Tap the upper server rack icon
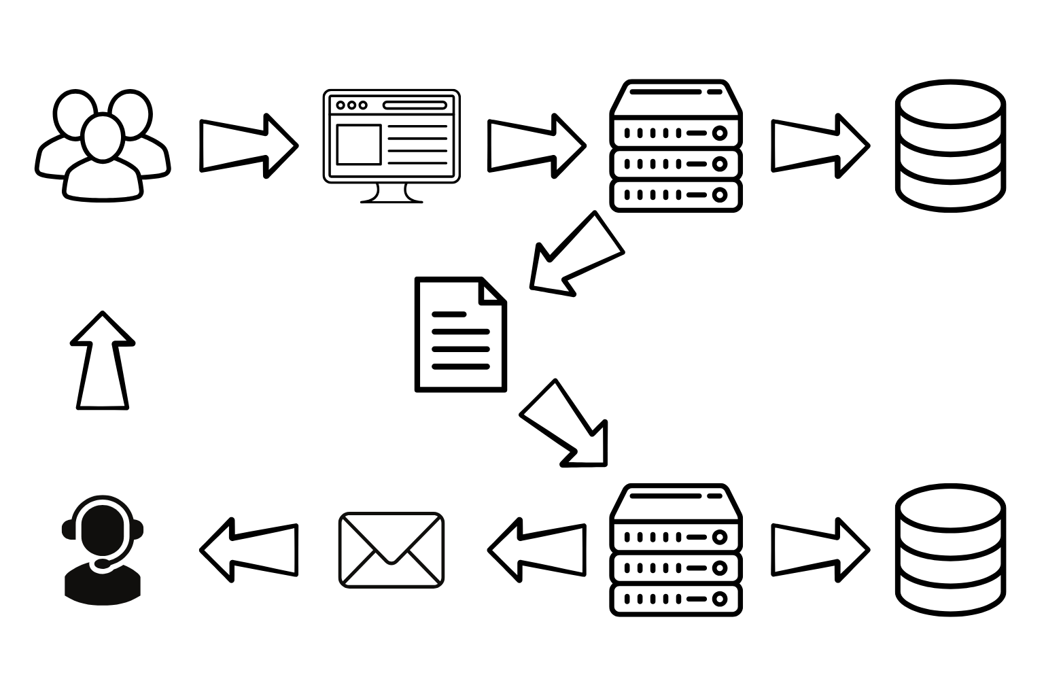click(676, 145)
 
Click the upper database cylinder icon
click(950, 145)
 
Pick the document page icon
click(460, 334)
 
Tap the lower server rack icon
click(676, 550)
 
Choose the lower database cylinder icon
click(950, 550)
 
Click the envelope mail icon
click(391, 550)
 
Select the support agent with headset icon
click(103, 551)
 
